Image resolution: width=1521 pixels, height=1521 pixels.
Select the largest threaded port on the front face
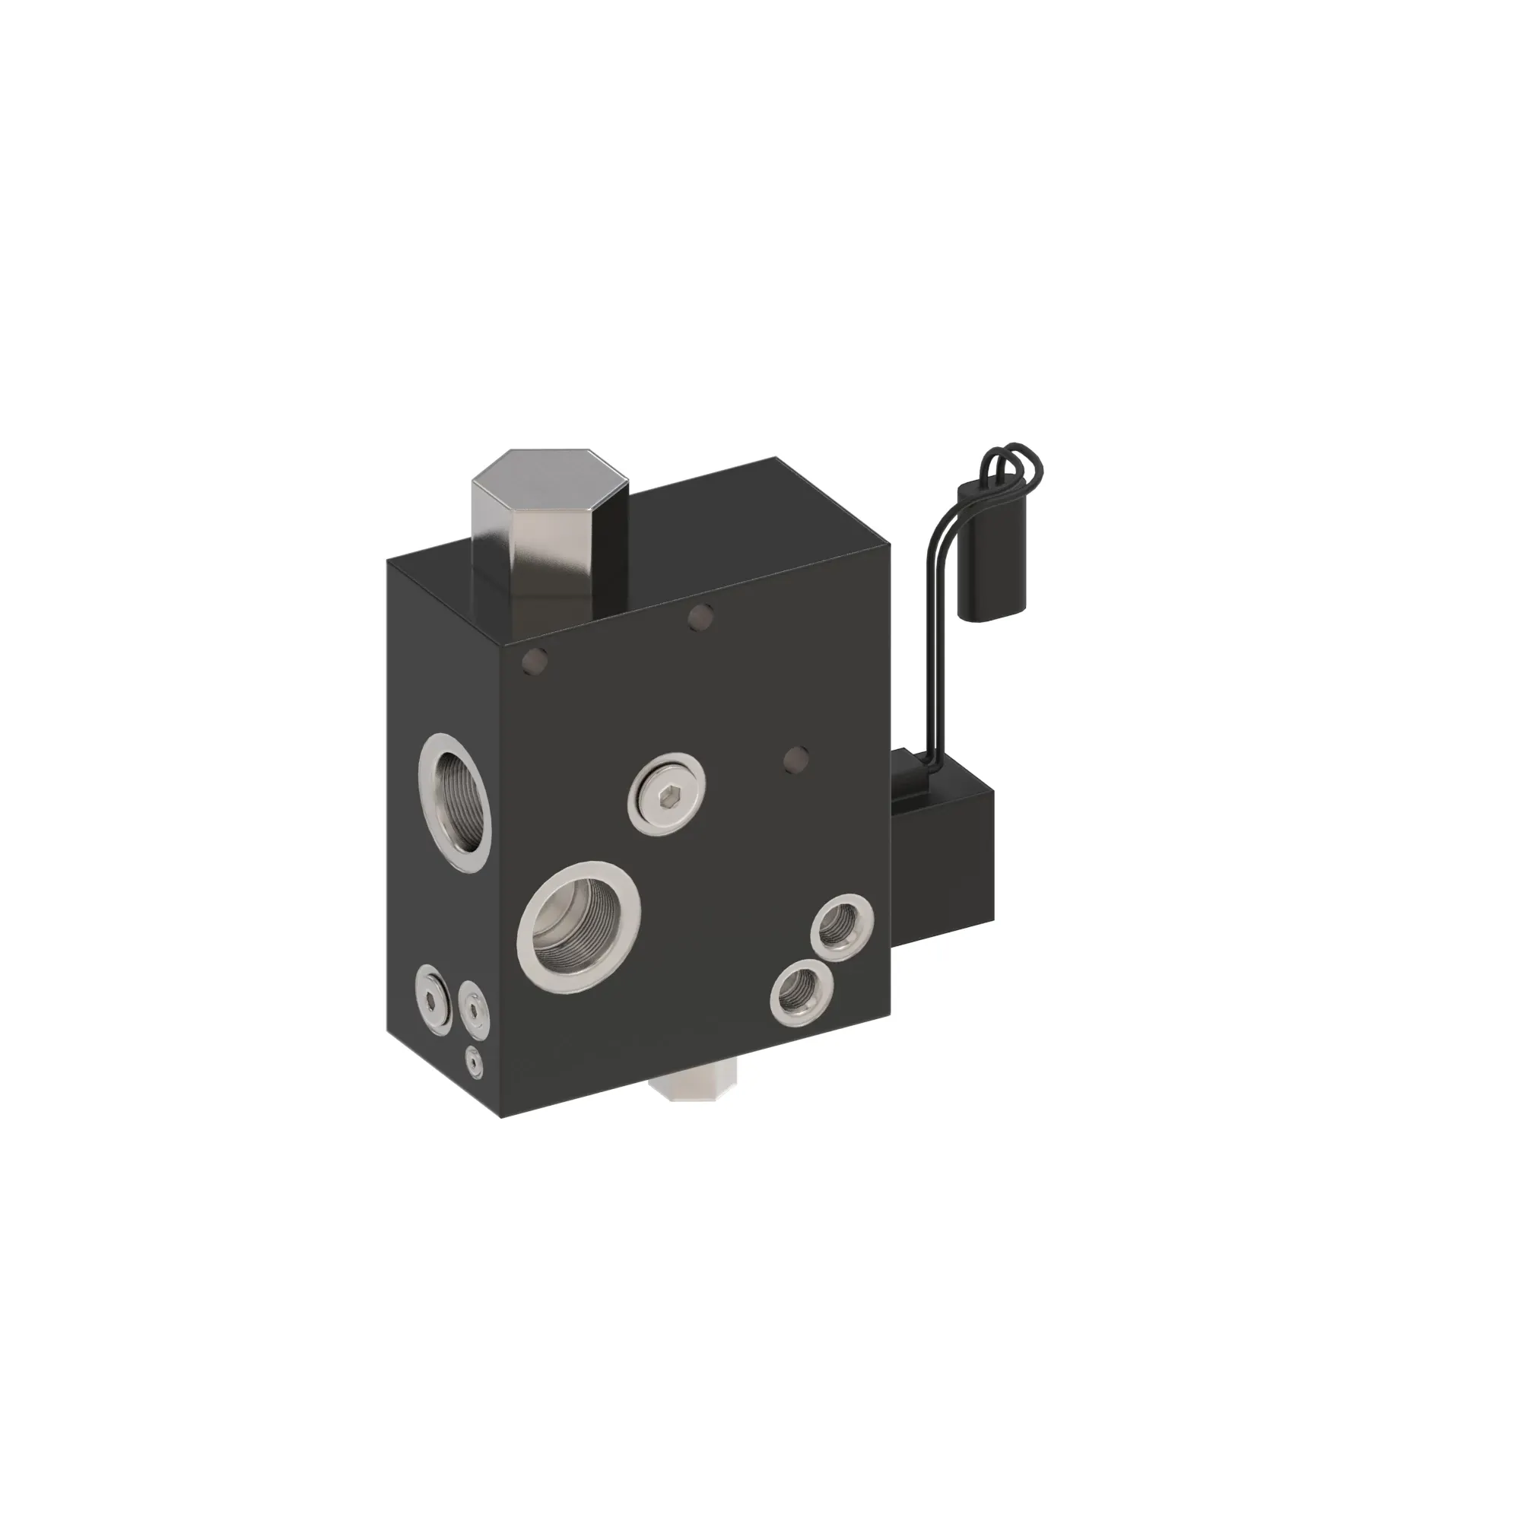tap(579, 926)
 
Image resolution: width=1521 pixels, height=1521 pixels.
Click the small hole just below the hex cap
tap(700, 618)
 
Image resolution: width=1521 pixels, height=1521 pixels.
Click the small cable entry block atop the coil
tap(910, 776)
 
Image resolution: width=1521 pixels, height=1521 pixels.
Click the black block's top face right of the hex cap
tap(756, 528)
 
